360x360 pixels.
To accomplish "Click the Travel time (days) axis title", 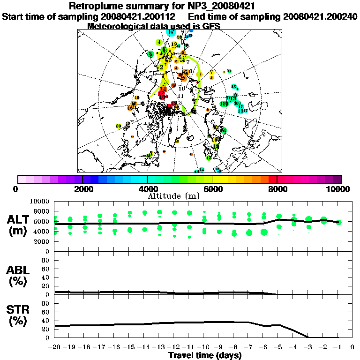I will [205, 355].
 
